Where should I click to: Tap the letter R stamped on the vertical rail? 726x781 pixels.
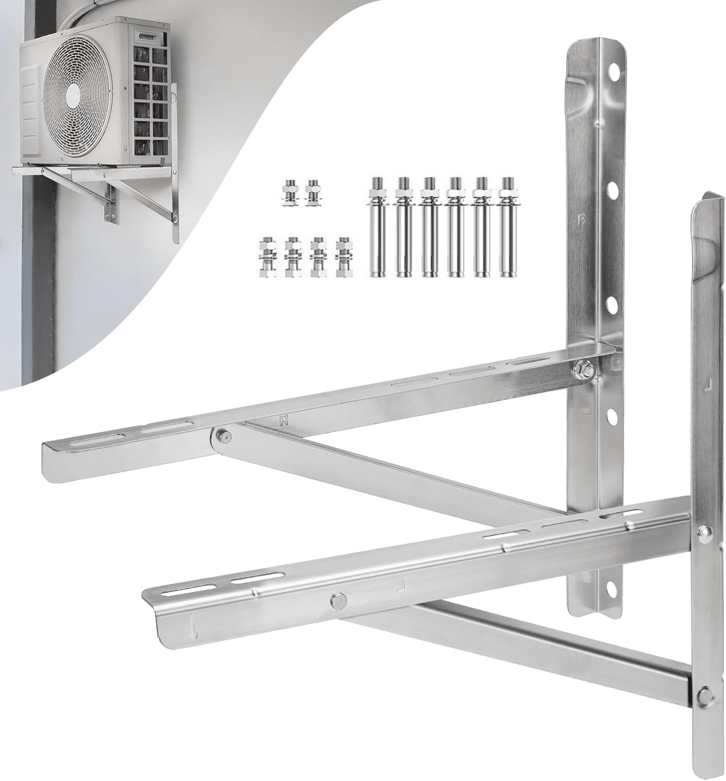pos(582,219)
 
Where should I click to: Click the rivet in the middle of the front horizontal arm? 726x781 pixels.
pos(339,600)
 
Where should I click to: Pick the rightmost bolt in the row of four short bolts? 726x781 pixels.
pos(343,257)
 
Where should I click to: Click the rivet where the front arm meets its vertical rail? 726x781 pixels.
pos(706,532)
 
